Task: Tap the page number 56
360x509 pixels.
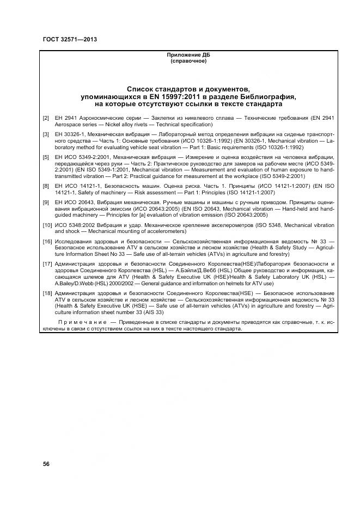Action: pyautogui.click(x=46, y=464)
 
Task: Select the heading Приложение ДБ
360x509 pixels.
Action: pyautogui.click(x=188, y=55)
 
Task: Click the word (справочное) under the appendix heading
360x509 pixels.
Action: pyautogui.click(x=188, y=61)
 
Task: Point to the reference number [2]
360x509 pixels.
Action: pyautogui.click(x=46, y=118)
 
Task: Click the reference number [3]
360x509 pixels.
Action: pyautogui.click(x=46, y=133)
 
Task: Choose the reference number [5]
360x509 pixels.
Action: pyautogui.click(x=46, y=157)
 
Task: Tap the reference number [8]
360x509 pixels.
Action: pyautogui.click(x=46, y=186)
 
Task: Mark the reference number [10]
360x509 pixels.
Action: pyautogui.click(x=47, y=225)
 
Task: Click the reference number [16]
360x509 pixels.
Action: pyautogui.click(x=47, y=240)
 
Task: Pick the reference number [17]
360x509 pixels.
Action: pyautogui.click(x=47, y=263)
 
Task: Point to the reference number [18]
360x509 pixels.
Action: pyautogui.click(x=47, y=293)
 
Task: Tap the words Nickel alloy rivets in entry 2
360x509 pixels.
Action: pyautogui.click(x=108, y=125)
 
